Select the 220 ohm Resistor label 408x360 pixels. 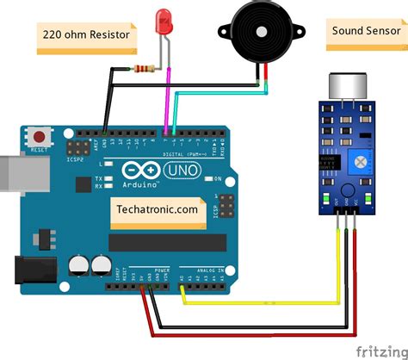(85, 35)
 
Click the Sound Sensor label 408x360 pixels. (361, 31)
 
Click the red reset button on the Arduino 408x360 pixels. (39, 135)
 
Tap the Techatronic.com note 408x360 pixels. (156, 208)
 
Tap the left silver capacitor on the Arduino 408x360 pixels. (79, 263)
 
